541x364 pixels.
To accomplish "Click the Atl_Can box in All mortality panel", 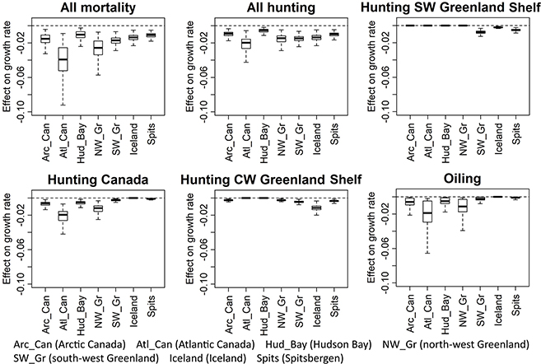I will coord(63,59).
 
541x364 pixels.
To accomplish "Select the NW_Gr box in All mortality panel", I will coord(98,47).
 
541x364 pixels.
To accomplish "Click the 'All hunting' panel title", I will coord(271,8).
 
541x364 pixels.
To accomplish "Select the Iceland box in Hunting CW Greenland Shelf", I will coord(316,208).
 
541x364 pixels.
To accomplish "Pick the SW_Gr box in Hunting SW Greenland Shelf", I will coord(481,32).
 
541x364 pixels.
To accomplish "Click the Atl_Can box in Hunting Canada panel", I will coord(63,215).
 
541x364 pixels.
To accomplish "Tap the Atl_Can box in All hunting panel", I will coord(245,44).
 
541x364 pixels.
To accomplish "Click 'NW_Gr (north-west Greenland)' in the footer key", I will coord(455,341).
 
